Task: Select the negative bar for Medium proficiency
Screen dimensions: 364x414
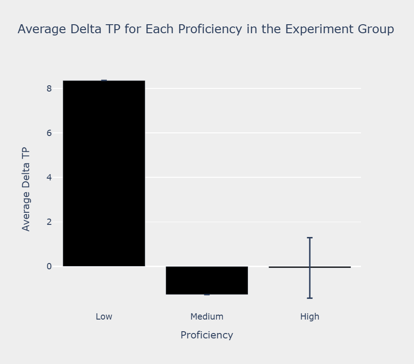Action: point(207,280)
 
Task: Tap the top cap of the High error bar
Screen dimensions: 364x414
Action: point(310,237)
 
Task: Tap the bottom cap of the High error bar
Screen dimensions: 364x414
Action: point(310,298)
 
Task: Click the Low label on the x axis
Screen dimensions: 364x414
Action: point(104,316)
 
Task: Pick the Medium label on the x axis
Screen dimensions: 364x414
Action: point(207,316)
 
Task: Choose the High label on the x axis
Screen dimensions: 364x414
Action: point(310,316)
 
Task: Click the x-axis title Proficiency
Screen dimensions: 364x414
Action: point(207,335)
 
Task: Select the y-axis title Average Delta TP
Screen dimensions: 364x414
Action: point(26,189)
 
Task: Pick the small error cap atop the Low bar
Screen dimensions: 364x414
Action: point(104,80)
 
